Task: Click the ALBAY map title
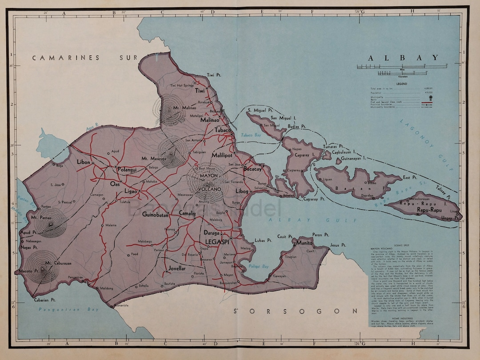click(403, 58)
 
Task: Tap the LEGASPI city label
click(219, 242)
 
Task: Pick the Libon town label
click(83, 162)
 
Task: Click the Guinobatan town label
click(156, 215)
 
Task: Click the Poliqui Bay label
click(272, 267)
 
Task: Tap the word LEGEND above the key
click(402, 83)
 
